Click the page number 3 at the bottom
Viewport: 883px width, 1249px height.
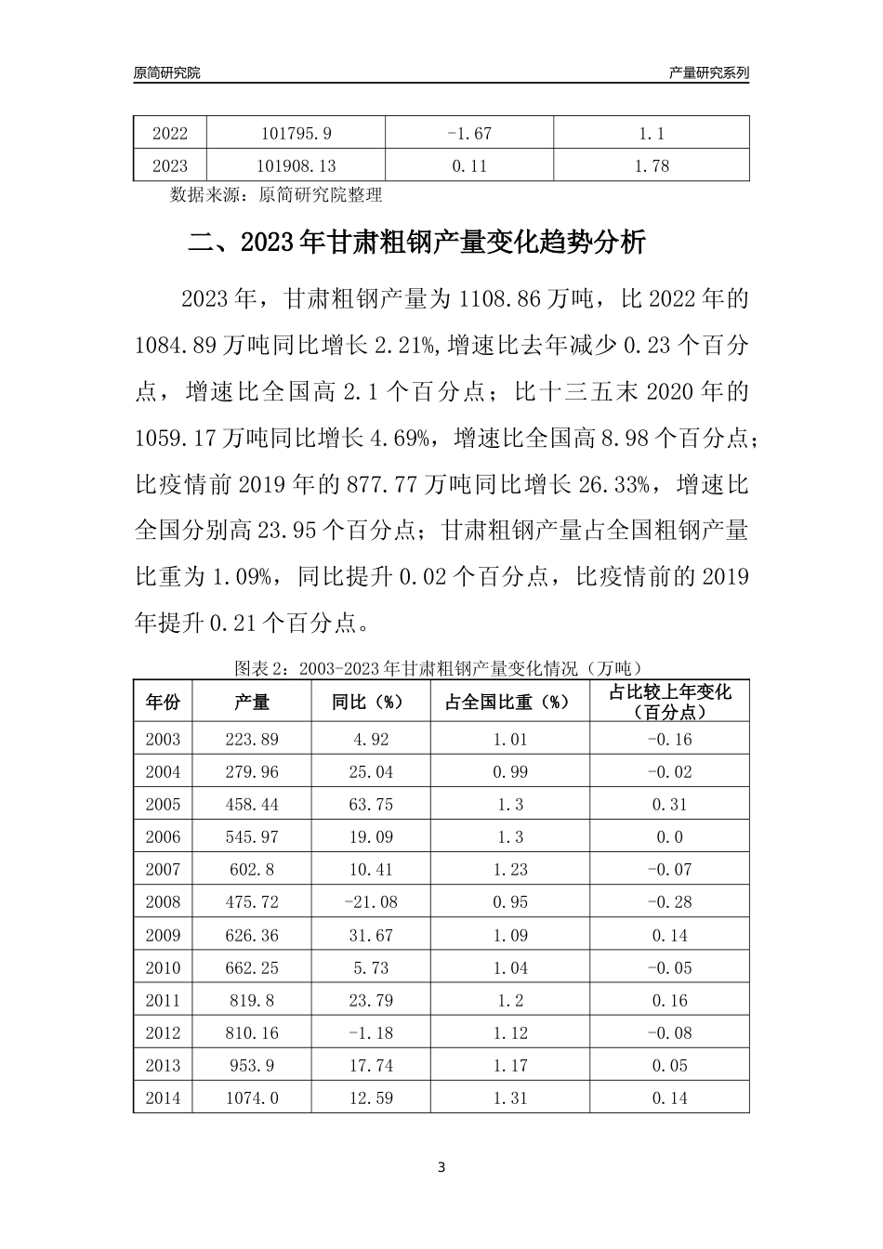coord(441,1167)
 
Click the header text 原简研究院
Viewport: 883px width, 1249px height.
coord(166,72)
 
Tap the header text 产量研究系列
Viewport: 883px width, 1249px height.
coord(708,72)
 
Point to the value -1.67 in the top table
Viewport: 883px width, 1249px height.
coord(468,133)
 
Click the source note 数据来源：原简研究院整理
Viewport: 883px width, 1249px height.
coord(276,195)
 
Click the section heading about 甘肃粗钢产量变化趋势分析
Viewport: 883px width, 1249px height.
coord(416,243)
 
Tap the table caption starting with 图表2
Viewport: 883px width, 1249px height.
coord(441,668)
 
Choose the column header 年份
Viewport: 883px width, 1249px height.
coord(163,702)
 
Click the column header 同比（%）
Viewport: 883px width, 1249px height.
coord(369,702)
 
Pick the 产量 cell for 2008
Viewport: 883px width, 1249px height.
coord(251,902)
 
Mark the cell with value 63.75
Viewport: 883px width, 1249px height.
coord(369,805)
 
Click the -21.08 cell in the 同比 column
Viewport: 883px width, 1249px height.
coord(369,902)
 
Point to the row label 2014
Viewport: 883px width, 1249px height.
coord(163,1098)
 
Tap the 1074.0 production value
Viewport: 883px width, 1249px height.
coord(251,1098)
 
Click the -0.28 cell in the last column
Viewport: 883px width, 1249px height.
coord(669,902)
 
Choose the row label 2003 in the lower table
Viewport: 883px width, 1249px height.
coord(163,740)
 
